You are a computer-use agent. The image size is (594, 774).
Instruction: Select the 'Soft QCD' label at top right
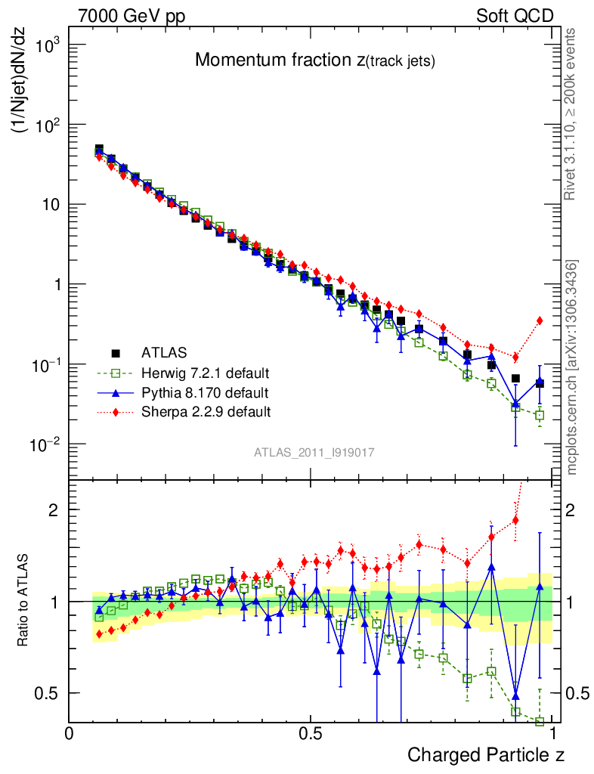[515, 16]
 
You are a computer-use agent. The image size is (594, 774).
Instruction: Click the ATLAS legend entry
[162, 352]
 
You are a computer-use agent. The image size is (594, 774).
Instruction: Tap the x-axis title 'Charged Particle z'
[486, 754]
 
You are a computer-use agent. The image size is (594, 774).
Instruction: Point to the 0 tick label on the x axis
[70, 733]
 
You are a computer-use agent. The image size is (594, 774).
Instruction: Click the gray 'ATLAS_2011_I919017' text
[314, 453]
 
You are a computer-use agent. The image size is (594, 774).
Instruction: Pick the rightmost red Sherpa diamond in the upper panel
[540, 320]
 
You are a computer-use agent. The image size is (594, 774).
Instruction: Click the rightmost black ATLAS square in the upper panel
[540, 383]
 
